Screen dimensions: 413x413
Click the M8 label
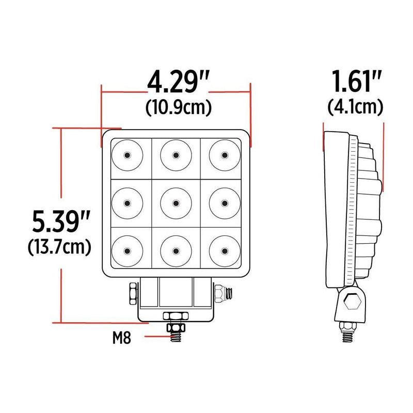click(x=122, y=339)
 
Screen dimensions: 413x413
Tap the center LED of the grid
click(x=176, y=203)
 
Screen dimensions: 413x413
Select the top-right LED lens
click(x=225, y=154)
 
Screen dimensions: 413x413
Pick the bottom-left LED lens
click(x=126, y=251)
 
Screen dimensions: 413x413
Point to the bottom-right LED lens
click(x=225, y=251)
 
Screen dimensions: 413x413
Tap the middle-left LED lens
click(x=126, y=203)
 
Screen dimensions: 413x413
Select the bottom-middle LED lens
click(x=176, y=251)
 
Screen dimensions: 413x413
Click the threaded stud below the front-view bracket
click(x=176, y=332)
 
